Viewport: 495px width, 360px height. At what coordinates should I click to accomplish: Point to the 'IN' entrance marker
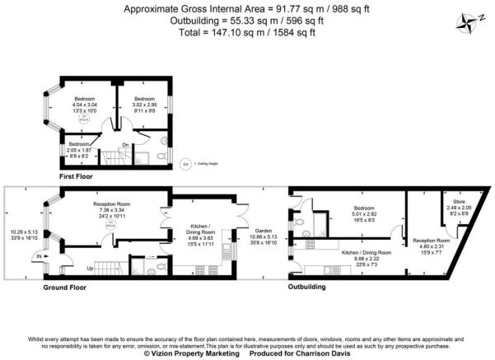tap(40, 257)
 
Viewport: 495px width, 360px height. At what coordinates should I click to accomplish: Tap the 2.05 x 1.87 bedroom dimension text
tap(79, 151)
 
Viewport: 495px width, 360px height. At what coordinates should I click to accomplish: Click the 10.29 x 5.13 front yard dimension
tap(21, 233)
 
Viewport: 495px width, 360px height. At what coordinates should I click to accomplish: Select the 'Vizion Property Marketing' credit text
tap(190, 353)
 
